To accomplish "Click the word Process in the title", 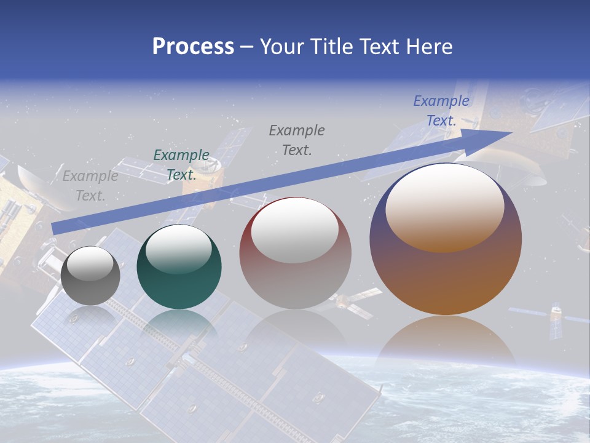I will (x=193, y=47).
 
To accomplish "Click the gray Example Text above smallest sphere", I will (x=90, y=186).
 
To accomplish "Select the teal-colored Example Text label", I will (x=181, y=165).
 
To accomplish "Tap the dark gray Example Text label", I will (x=297, y=140).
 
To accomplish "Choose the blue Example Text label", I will (x=441, y=111).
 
